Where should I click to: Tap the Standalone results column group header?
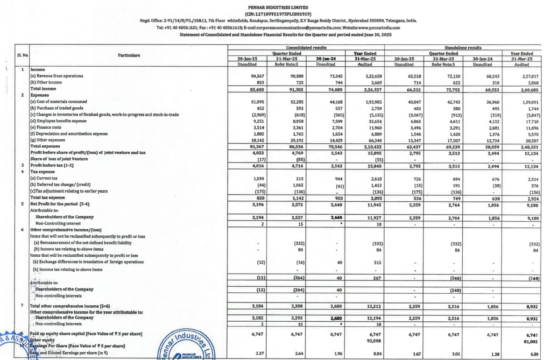click(462, 48)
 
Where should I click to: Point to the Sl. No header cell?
click(19, 56)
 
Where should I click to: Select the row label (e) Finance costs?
click(47, 127)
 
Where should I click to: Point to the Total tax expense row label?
click(47, 198)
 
